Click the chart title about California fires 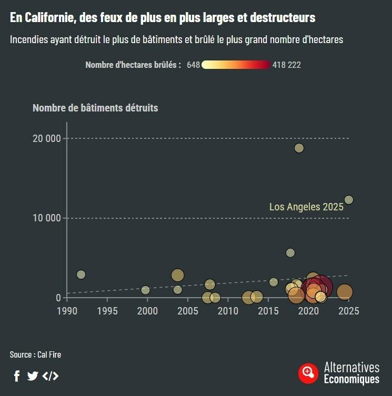click(x=163, y=17)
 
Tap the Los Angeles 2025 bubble click(x=348, y=200)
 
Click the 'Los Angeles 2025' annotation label click(x=306, y=207)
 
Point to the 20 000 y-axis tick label click(x=47, y=138)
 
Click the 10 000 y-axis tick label click(x=47, y=218)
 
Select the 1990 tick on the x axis click(x=67, y=311)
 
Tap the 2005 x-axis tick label click(x=188, y=311)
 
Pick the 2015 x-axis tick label click(x=268, y=311)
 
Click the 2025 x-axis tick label click(x=349, y=311)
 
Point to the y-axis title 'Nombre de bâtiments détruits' click(x=95, y=108)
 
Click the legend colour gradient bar click(x=236, y=65)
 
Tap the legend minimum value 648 click(x=193, y=65)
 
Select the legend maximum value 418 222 click(x=287, y=65)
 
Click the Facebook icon click(x=17, y=375)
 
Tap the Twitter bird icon click(x=33, y=375)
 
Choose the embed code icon click(x=51, y=375)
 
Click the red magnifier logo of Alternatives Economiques click(x=308, y=373)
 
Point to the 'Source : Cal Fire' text click(x=35, y=354)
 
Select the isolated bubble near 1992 click(x=81, y=275)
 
